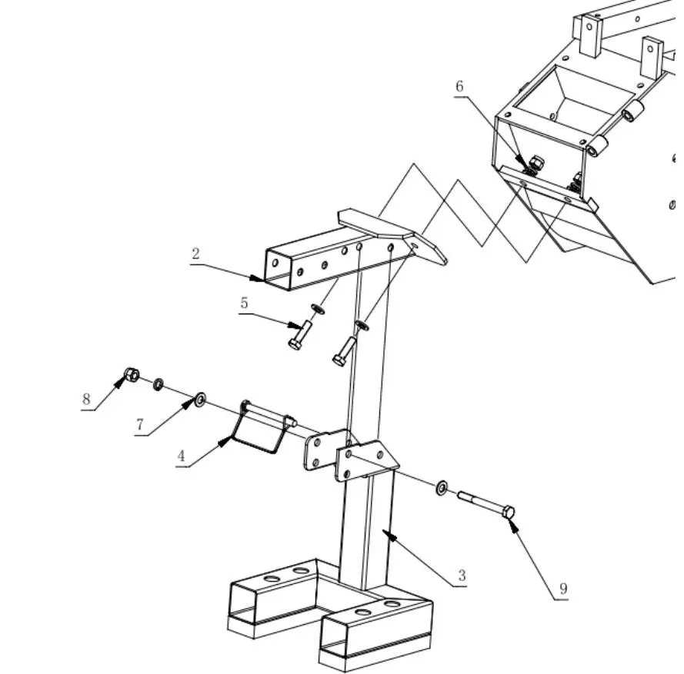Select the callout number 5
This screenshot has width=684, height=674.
pyautogui.click(x=244, y=303)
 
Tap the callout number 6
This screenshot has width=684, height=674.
pyautogui.click(x=459, y=86)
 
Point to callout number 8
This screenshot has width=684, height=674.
pyautogui.click(x=87, y=400)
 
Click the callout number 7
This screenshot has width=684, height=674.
pyautogui.click(x=140, y=425)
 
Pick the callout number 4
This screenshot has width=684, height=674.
pyautogui.click(x=182, y=456)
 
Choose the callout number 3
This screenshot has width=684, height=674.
pyautogui.click(x=462, y=576)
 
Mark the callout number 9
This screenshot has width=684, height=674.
pyautogui.click(x=563, y=589)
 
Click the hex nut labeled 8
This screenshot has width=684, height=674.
pyautogui.click(x=132, y=375)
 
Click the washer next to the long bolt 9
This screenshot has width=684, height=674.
pyautogui.click(x=443, y=487)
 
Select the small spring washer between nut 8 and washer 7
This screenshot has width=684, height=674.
pyautogui.click(x=158, y=383)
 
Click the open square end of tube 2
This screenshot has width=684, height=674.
pyautogui.click(x=277, y=268)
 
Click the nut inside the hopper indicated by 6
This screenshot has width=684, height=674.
pyautogui.click(x=537, y=162)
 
